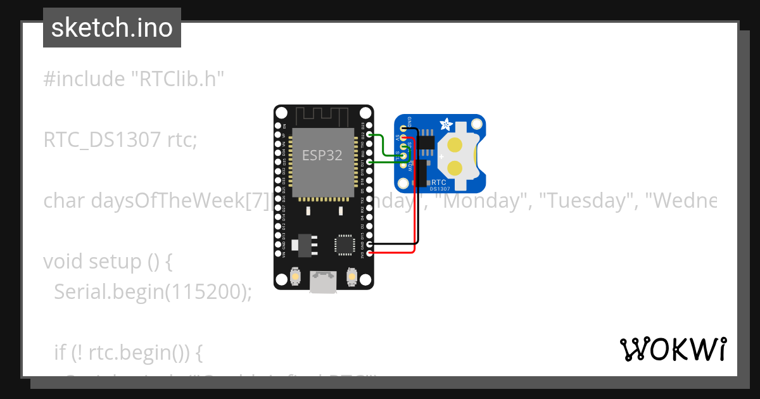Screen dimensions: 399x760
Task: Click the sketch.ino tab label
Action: point(112,28)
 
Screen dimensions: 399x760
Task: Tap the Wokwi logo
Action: point(673,349)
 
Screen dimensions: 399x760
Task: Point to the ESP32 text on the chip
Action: point(322,155)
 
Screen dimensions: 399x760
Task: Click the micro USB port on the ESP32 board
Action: point(323,282)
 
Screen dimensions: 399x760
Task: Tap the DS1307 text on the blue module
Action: point(441,188)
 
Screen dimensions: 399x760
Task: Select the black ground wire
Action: point(419,190)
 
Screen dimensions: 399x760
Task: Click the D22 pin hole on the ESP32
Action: point(369,135)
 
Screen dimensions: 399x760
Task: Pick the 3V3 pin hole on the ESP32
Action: point(369,253)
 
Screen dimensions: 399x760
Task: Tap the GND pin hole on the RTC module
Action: point(403,129)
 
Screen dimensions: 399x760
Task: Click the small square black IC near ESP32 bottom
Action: point(344,243)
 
